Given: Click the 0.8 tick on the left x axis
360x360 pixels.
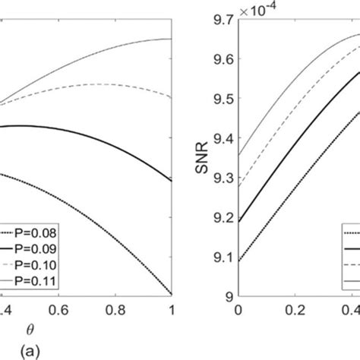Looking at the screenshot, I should pyautogui.click(x=115, y=310).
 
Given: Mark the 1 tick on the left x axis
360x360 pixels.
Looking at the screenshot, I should pyautogui.click(x=172, y=310).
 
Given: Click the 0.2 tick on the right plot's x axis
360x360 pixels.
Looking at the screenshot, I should pyautogui.click(x=295, y=310).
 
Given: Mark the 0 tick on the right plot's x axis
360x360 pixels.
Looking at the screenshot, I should pyautogui.click(x=238, y=310).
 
